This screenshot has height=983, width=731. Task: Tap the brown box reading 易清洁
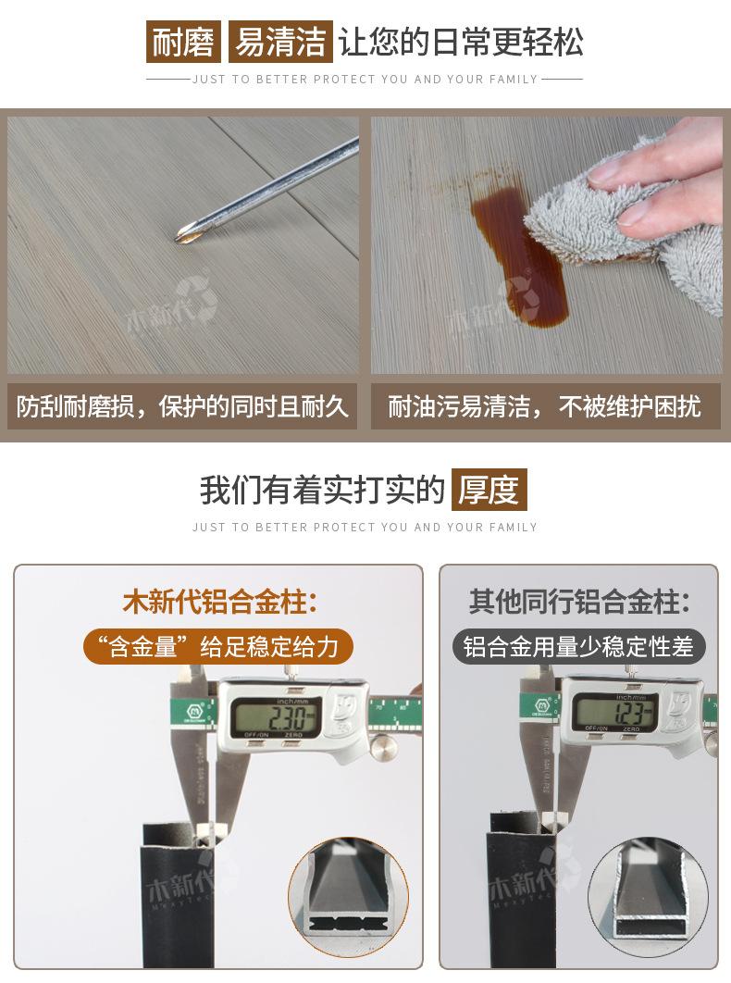[x=279, y=42]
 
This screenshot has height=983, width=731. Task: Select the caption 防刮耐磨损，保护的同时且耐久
[x=182, y=406]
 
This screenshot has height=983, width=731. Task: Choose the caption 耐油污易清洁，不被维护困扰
[x=544, y=406]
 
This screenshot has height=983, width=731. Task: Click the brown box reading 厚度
[x=489, y=490]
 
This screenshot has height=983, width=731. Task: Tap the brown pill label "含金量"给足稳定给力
[x=218, y=646]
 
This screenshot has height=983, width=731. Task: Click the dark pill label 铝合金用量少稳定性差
[x=578, y=646]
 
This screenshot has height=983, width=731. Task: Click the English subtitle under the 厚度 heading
[x=365, y=527]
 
